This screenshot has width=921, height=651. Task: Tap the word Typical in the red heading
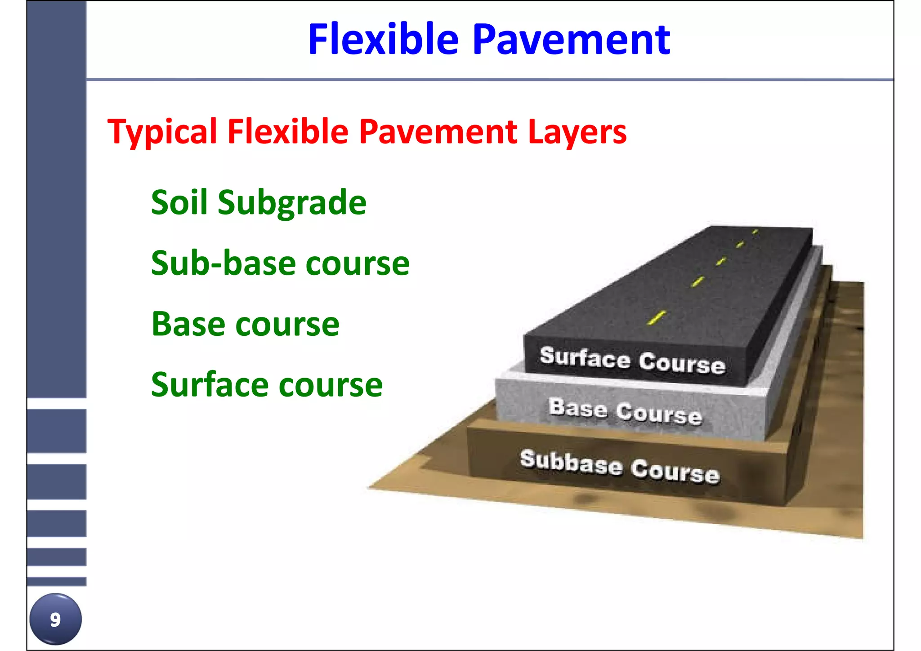click(x=162, y=132)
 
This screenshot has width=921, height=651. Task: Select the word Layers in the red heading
click(x=577, y=132)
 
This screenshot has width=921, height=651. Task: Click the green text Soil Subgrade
click(x=259, y=203)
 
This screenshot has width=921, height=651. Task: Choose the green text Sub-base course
click(x=280, y=263)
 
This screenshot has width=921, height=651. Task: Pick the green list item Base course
click(x=246, y=324)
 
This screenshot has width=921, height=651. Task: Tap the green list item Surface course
click(x=267, y=385)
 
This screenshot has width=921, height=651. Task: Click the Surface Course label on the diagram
click(x=632, y=360)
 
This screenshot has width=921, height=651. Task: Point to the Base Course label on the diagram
click(x=625, y=411)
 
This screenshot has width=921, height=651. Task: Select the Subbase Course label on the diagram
click(x=620, y=466)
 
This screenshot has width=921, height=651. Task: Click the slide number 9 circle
click(x=55, y=619)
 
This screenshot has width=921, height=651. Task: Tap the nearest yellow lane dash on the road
click(x=657, y=317)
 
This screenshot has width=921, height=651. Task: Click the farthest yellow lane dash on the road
click(x=755, y=232)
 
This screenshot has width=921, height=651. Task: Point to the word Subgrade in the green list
click(x=292, y=203)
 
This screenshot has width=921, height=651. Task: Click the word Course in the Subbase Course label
click(x=675, y=471)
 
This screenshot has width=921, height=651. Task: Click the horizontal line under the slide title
click(x=489, y=80)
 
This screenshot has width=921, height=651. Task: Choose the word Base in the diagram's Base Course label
click(x=577, y=408)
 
